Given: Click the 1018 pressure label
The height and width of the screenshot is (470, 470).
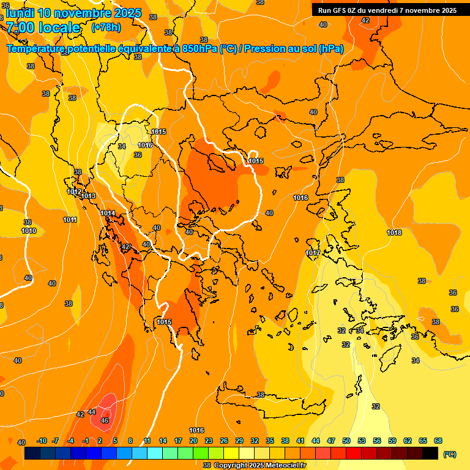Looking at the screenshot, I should pyautogui.click(x=394, y=233).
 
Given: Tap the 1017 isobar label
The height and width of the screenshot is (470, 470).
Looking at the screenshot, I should pyautogui.click(x=312, y=253).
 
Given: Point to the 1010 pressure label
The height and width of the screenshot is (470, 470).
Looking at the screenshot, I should pyautogui.click(x=29, y=231).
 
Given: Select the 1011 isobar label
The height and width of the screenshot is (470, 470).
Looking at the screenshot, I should pyautogui.click(x=70, y=220).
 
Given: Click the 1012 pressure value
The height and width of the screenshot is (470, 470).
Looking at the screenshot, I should pyautogui.click(x=74, y=192).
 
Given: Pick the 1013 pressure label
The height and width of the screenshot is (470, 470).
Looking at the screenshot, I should pyautogui.click(x=88, y=196).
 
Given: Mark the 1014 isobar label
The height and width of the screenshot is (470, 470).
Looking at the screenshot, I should pyautogui.click(x=108, y=213).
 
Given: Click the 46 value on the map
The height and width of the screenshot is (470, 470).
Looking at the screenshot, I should pyautogui.click(x=105, y=420).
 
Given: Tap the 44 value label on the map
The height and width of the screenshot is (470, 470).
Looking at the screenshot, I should pyautogui.click(x=92, y=412).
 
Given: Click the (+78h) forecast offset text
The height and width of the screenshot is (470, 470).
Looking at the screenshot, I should pyautogui.click(x=106, y=27).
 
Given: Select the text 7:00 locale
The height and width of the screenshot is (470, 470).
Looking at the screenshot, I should pyautogui.click(x=43, y=28).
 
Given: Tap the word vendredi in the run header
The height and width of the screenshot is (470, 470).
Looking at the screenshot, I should pyautogui.click(x=388, y=10).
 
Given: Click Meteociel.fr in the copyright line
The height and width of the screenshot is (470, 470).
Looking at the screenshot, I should pyautogui.click(x=285, y=466).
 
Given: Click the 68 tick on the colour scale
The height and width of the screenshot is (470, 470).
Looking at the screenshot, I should pyautogui.click(x=438, y=441).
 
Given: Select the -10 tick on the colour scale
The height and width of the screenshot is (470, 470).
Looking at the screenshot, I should pyautogui.click(x=42, y=441).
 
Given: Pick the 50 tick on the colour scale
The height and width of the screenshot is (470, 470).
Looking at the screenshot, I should pyautogui.click(x=346, y=441).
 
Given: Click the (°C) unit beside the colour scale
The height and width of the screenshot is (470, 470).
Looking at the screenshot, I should pyautogui.click(x=450, y=454).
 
